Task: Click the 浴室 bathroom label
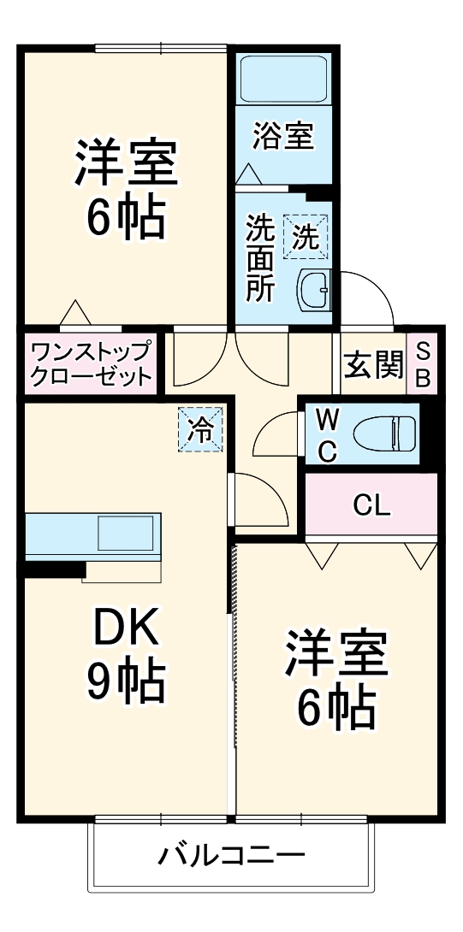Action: tap(283, 137)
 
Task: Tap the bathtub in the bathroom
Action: tap(282, 79)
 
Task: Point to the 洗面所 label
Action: tap(260, 258)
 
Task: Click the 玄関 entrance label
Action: tap(373, 365)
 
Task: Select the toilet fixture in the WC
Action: tap(385, 431)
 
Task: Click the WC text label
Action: tap(328, 435)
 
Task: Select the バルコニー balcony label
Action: tap(231, 856)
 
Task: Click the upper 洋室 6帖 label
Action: tap(126, 189)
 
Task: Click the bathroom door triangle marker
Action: tap(247, 173)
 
